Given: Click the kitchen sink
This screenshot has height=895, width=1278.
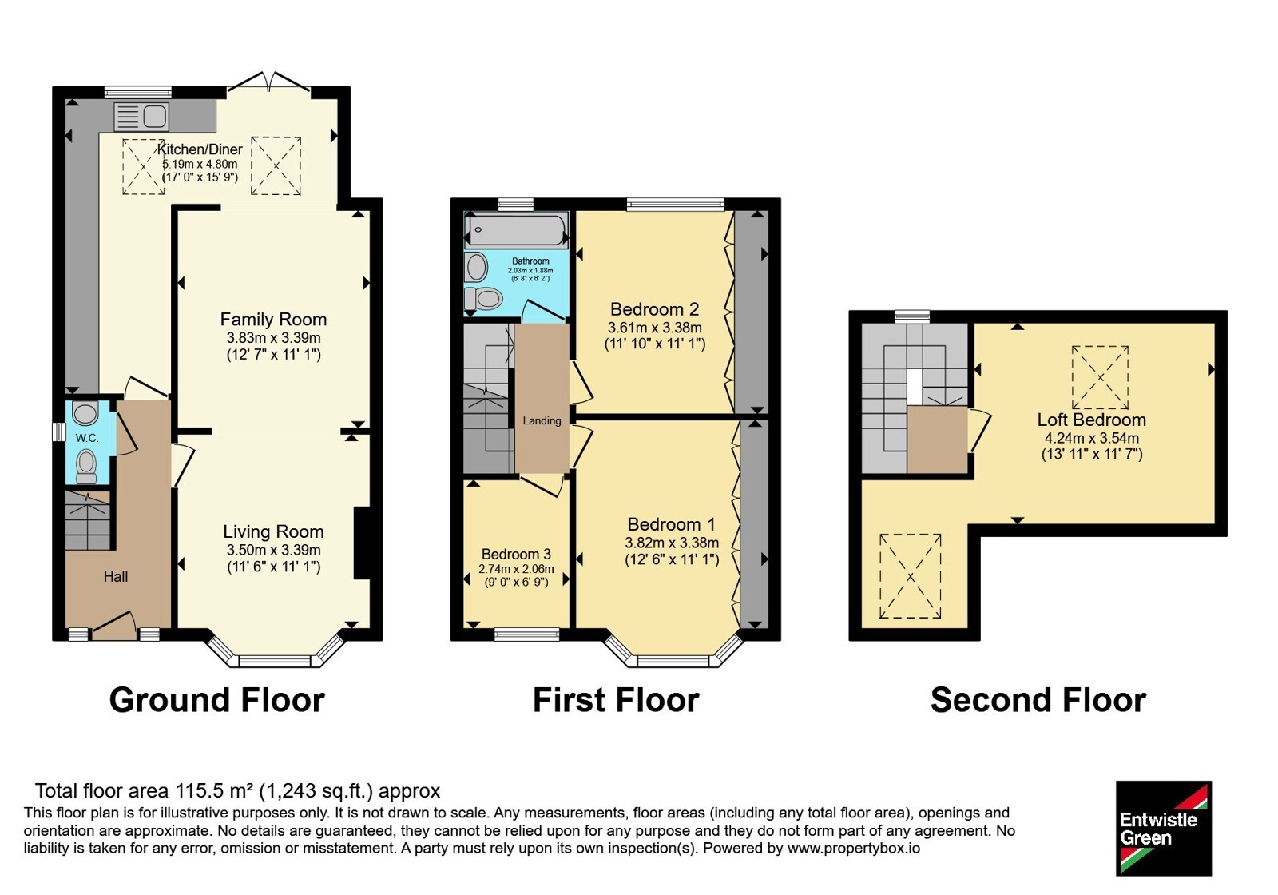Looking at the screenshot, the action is click(x=141, y=117).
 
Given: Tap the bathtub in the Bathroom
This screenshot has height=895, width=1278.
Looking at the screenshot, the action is click(x=516, y=230).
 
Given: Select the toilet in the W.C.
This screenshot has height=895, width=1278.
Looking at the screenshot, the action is click(x=87, y=467).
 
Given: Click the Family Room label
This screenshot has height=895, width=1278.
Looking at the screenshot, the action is click(x=273, y=319).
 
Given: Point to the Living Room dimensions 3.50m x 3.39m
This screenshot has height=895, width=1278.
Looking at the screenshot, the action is click(x=273, y=551).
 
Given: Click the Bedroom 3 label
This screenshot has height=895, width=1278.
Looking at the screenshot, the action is click(x=516, y=555).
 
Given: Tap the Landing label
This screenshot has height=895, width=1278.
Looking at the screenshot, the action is click(x=542, y=420).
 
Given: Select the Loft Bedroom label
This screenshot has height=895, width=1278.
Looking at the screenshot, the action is click(x=1091, y=420).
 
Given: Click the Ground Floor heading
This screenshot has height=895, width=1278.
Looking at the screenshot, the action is click(x=216, y=700).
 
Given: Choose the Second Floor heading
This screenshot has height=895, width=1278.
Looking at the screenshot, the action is click(x=1038, y=700).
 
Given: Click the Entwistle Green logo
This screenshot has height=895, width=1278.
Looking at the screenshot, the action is click(x=1164, y=828).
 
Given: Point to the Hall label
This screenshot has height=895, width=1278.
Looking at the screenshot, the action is click(x=116, y=577).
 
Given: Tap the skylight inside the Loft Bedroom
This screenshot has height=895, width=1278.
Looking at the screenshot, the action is click(x=1100, y=377).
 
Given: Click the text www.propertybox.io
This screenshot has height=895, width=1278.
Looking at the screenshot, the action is click(x=854, y=848).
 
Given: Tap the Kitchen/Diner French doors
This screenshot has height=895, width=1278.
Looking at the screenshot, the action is click(x=268, y=83).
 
